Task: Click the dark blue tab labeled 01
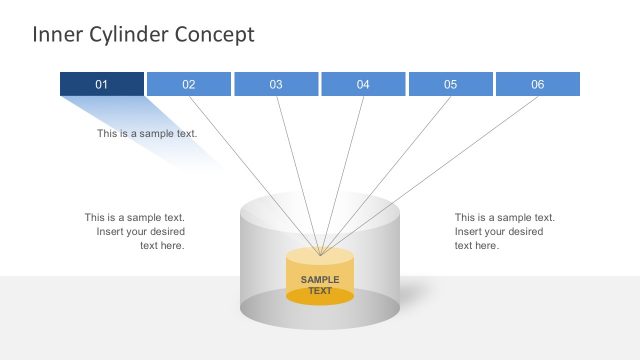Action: (x=101, y=84)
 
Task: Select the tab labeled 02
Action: (x=189, y=84)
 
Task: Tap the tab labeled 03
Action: (x=276, y=84)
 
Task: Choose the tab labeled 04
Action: (x=363, y=84)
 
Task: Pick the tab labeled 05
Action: (x=450, y=84)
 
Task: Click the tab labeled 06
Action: (x=537, y=84)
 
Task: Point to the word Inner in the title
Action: (x=54, y=35)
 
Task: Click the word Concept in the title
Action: (x=215, y=35)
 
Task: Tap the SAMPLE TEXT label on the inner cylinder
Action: (x=320, y=285)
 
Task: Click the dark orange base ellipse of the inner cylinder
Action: (x=320, y=297)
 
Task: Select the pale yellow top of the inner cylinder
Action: (x=320, y=256)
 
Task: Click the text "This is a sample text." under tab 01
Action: (x=147, y=133)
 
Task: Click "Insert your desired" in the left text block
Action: (x=140, y=231)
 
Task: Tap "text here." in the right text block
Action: (x=477, y=245)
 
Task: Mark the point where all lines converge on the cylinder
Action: (x=319, y=254)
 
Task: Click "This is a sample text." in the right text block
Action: (x=504, y=217)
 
